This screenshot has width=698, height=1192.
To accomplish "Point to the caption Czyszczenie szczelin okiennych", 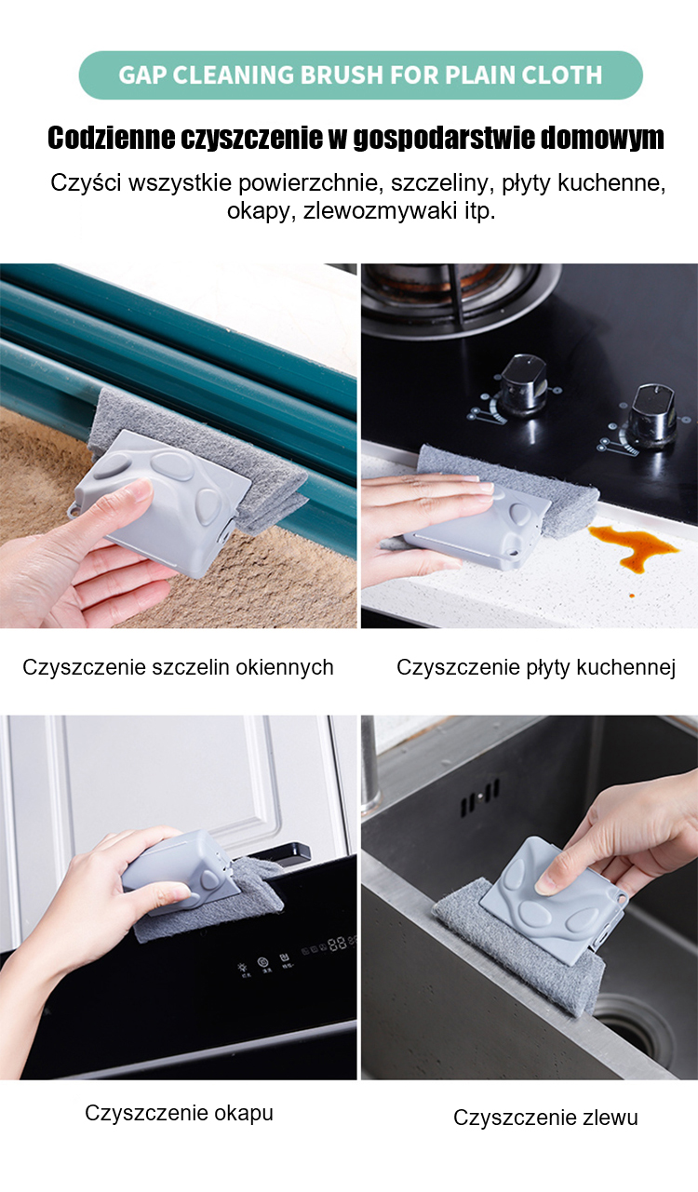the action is pyautogui.click(x=178, y=667).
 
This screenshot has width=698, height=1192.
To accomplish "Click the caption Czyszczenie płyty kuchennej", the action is pyautogui.click(x=536, y=667).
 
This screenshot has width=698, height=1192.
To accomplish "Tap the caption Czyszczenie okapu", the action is pyautogui.click(x=179, y=1113).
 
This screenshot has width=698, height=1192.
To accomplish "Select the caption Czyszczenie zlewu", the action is pyautogui.click(x=545, y=1118).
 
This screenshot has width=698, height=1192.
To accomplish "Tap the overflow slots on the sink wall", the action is pyautogui.click(x=479, y=797).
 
